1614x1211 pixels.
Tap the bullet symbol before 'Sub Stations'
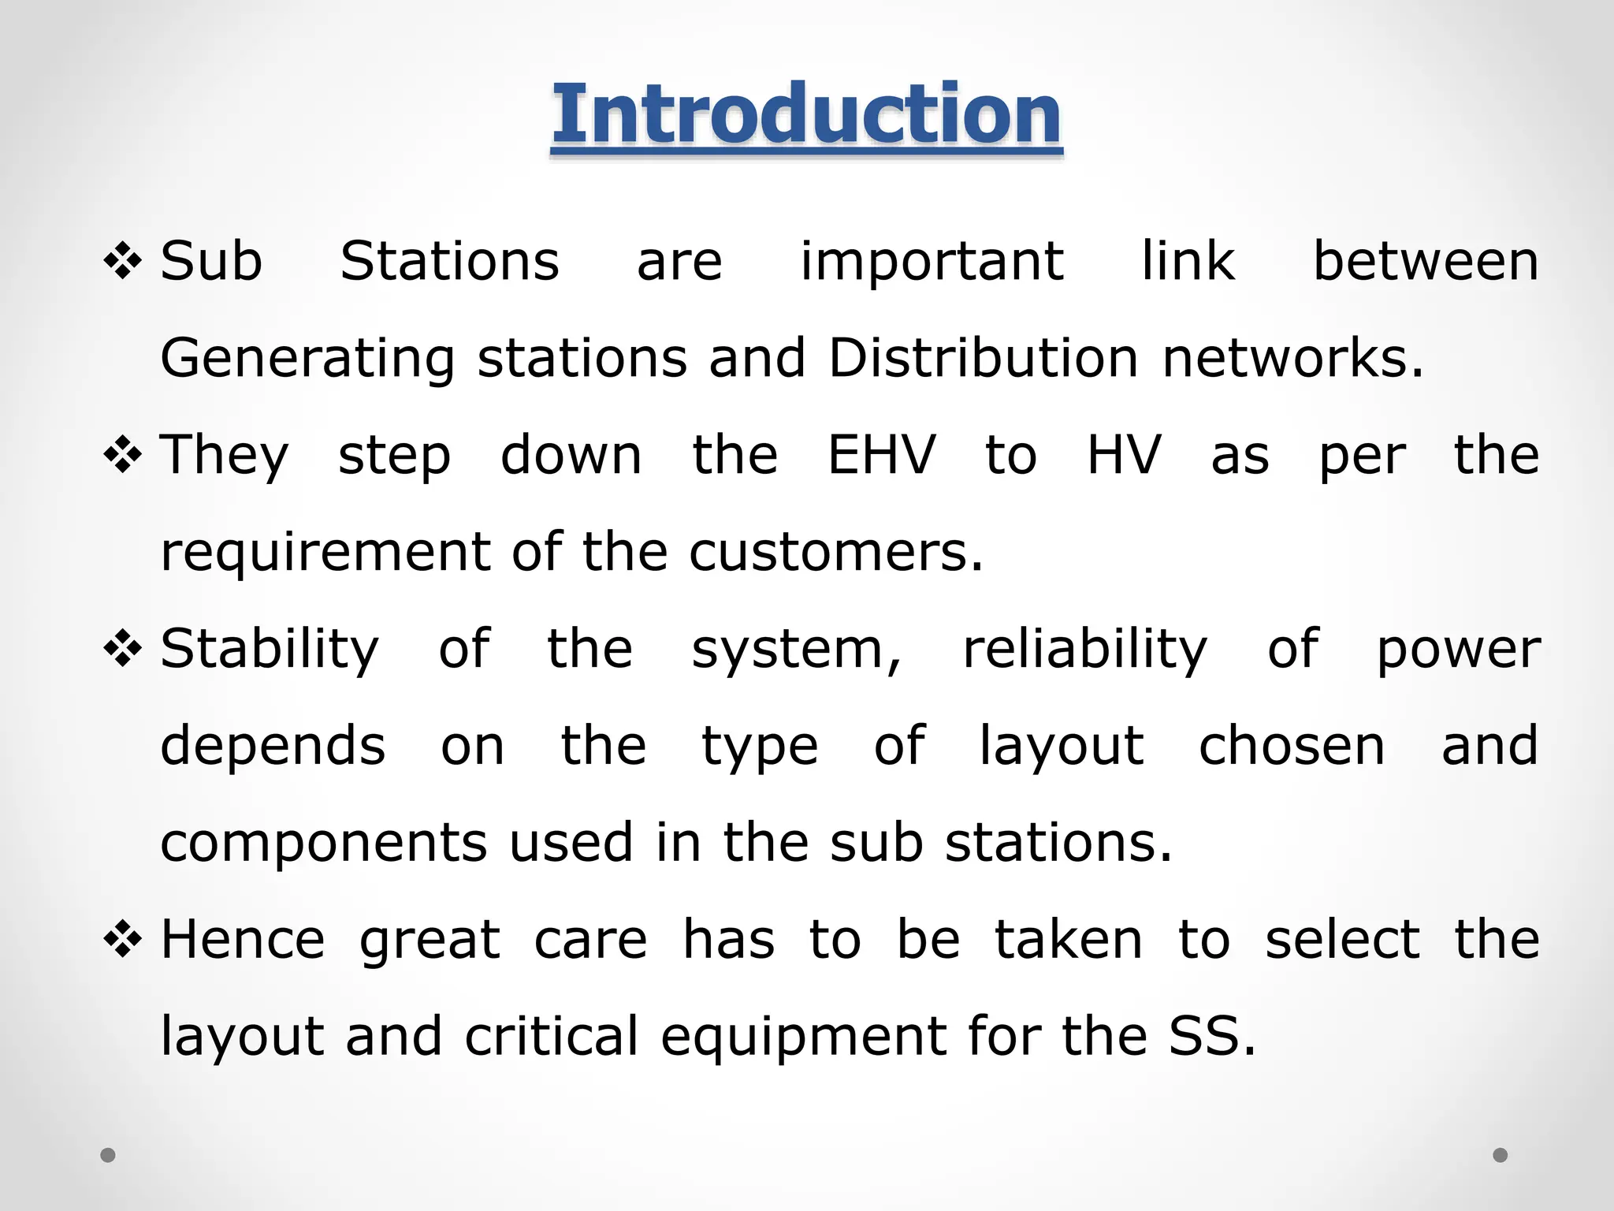(x=123, y=262)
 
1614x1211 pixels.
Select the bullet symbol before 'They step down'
(x=123, y=455)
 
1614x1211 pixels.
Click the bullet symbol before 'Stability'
(x=123, y=649)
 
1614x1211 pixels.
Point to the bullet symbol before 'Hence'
(x=123, y=939)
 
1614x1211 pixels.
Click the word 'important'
(x=932, y=262)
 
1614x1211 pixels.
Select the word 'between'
(x=1425, y=262)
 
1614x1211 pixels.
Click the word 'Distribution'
(x=983, y=358)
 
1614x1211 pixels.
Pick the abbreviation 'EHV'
(x=881, y=455)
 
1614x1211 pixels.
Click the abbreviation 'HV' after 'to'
(x=1124, y=455)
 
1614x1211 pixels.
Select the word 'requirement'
(x=325, y=552)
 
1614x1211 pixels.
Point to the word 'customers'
(x=835, y=552)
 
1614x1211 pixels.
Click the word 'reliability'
(x=1084, y=650)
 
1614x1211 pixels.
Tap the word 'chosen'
(x=1291, y=746)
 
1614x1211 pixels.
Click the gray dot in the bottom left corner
(x=108, y=1155)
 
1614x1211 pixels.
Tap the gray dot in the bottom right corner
(x=1501, y=1155)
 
